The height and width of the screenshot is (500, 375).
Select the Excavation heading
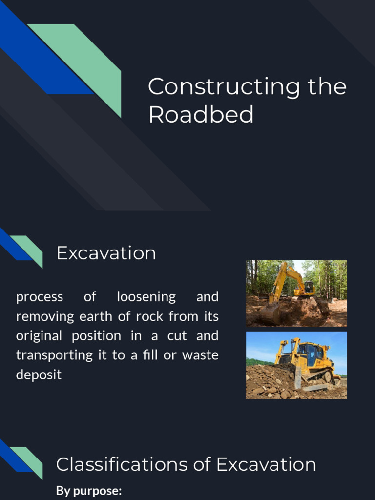point(106,253)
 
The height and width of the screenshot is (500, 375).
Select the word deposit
point(39,375)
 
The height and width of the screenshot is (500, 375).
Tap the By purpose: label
point(88,491)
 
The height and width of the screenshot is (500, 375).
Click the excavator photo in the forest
point(296,293)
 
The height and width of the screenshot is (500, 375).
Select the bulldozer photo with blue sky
point(296,365)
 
